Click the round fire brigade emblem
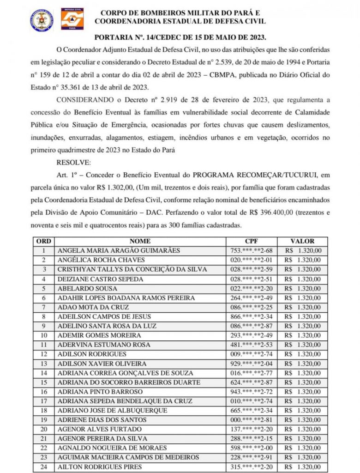(42, 19)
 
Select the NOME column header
(140, 241)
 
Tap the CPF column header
(251, 241)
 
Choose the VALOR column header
(302, 241)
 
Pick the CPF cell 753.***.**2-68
(251, 251)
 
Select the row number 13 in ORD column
(44, 364)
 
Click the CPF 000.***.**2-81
(251, 420)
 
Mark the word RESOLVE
(74, 163)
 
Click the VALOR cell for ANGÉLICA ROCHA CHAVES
(303, 260)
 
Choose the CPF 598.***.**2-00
(251, 448)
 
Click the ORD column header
(44, 241)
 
